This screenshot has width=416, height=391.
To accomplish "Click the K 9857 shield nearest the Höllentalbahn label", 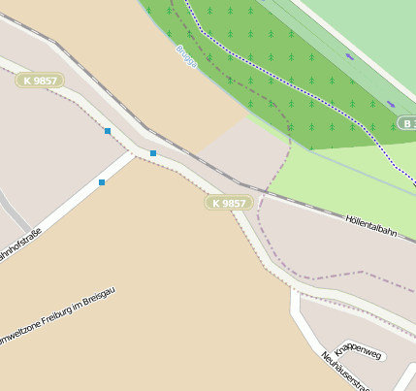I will [229, 203].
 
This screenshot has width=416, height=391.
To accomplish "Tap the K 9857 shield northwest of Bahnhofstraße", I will [41, 80].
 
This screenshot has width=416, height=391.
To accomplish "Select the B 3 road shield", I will [408, 123].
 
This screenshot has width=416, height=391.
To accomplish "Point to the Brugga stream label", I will [186, 55].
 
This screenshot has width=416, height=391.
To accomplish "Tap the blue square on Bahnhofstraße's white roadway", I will [102, 182].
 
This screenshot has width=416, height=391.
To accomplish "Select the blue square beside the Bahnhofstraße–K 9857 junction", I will [153, 153].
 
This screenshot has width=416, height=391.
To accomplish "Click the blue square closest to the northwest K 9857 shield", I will [108, 131].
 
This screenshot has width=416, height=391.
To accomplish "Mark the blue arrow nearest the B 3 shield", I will [390, 103].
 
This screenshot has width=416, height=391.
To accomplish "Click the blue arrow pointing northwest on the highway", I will [349, 56].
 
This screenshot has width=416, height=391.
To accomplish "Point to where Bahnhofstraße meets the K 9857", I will [142, 154].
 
